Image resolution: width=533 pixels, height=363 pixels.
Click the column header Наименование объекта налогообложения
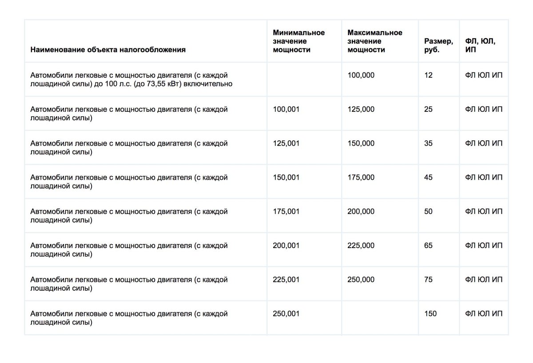(x=108, y=50)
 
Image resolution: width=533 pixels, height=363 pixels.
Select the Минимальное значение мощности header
(x=299, y=41)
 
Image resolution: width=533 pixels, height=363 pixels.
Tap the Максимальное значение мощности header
(x=375, y=41)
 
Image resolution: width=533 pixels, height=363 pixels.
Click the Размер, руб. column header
(x=438, y=45)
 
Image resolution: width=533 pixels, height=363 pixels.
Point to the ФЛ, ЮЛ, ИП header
(x=480, y=45)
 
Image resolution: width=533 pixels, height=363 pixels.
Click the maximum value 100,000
(x=361, y=75)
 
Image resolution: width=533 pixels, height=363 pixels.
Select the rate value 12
(x=428, y=75)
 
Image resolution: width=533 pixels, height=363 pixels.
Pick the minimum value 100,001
(x=286, y=109)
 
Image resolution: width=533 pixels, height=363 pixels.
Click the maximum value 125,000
(x=361, y=109)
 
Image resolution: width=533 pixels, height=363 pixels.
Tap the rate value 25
(x=428, y=109)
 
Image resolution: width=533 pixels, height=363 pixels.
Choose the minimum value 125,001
(x=286, y=143)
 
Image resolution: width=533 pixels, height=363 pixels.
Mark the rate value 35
(x=428, y=143)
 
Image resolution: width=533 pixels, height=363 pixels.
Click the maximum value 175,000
(x=361, y=178)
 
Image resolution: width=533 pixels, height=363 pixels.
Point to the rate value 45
(x=428, y=178)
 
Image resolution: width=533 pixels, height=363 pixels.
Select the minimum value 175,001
(x=286, y=212)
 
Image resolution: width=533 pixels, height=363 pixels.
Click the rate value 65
(x=428, y=245)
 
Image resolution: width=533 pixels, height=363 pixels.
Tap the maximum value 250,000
(x=361, y=280)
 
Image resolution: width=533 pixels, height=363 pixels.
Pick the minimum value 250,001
(x=286, y=314)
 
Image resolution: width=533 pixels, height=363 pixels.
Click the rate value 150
(x=430, y=314)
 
